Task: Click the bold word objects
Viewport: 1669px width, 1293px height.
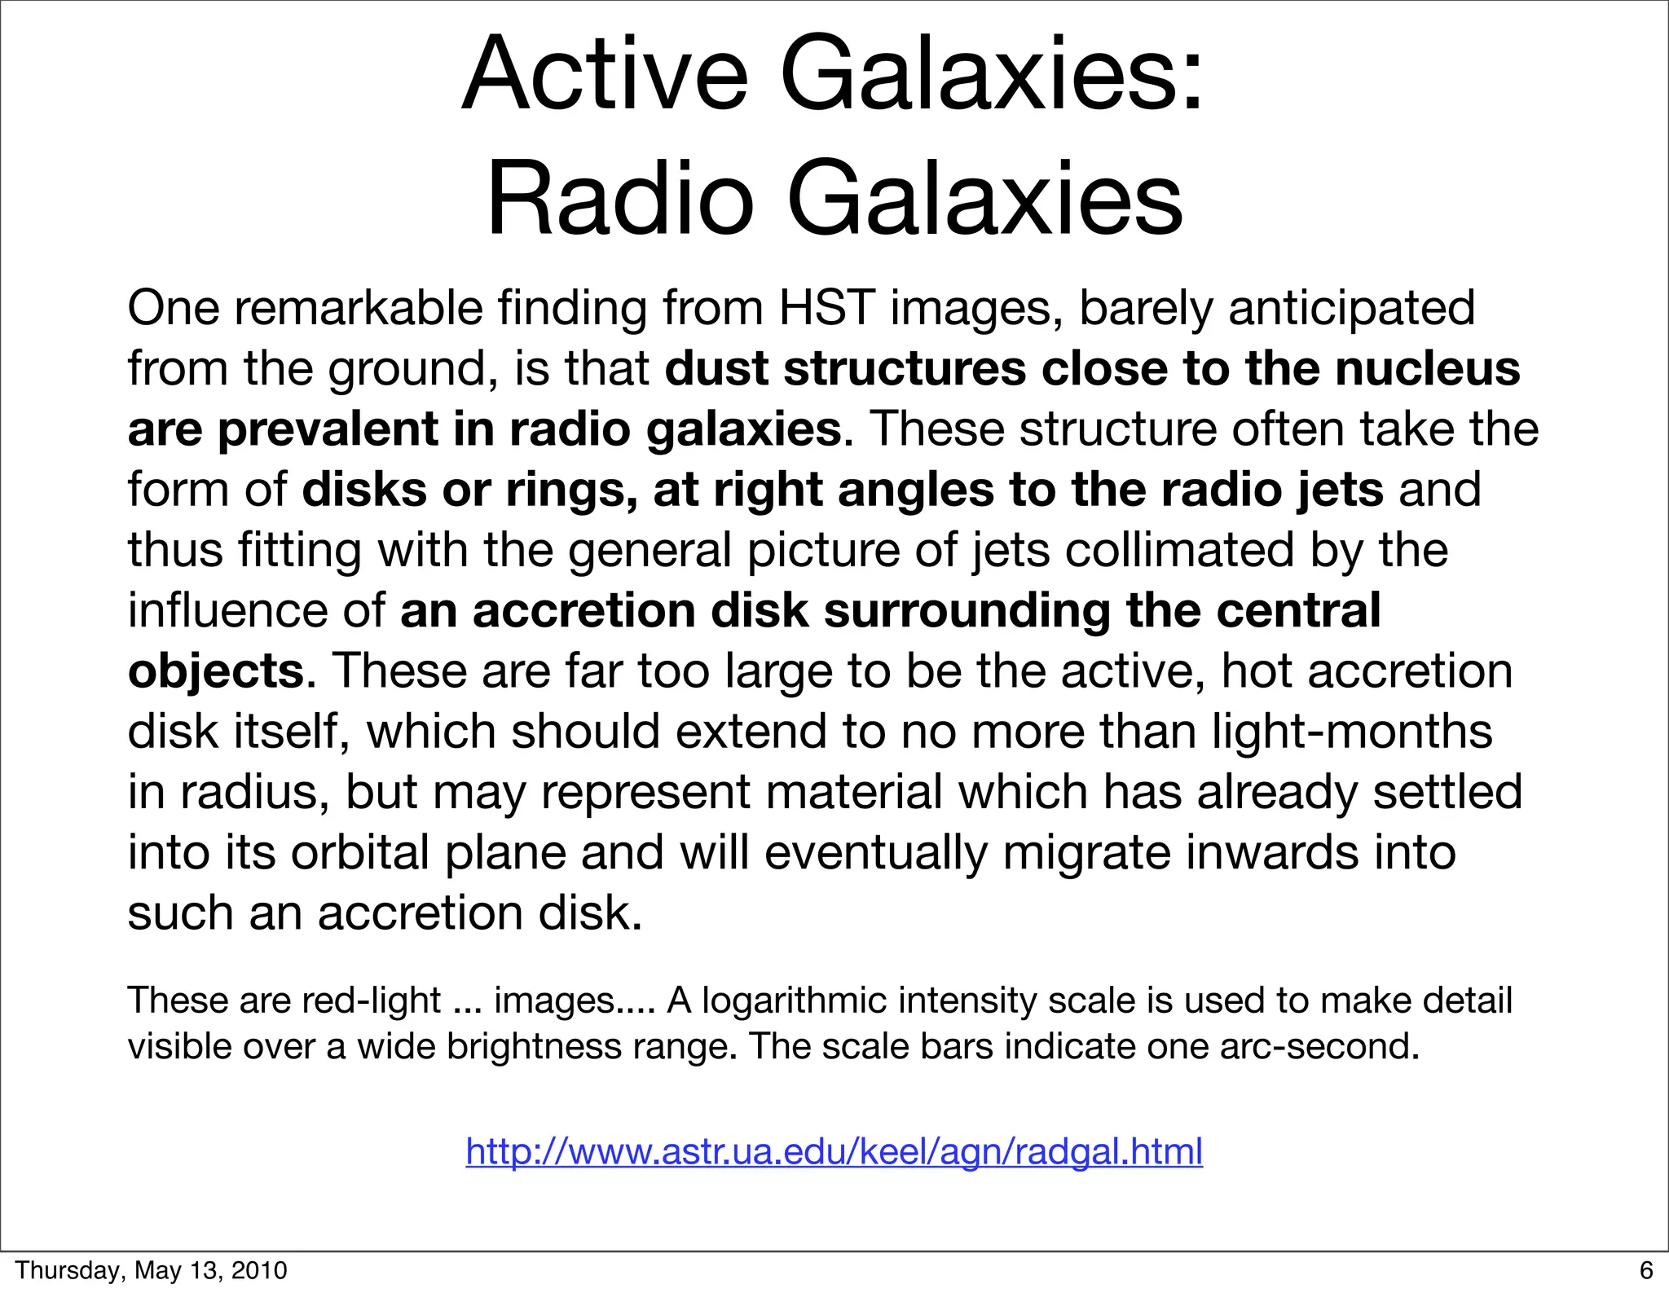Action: [x=216, y=671]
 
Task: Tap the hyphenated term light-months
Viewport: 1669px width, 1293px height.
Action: [x=1352, y=731]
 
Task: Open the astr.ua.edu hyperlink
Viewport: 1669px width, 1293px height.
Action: [x=834, y=1151]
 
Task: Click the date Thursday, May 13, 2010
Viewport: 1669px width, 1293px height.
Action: [x=152, y=1270]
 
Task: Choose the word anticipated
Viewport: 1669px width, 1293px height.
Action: [x=1351, y=308]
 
